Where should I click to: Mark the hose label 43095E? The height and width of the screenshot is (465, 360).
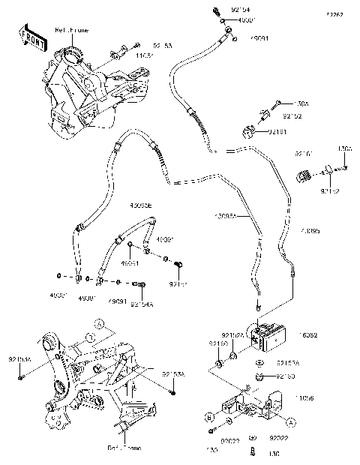140,204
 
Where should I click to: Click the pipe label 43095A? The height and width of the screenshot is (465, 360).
226,216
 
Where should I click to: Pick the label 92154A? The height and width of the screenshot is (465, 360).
141,304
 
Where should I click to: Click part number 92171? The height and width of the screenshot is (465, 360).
177,285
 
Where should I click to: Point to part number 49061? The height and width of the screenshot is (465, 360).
130,264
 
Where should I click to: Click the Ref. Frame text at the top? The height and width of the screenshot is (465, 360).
71,31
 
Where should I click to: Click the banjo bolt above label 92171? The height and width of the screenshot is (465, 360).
178,265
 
